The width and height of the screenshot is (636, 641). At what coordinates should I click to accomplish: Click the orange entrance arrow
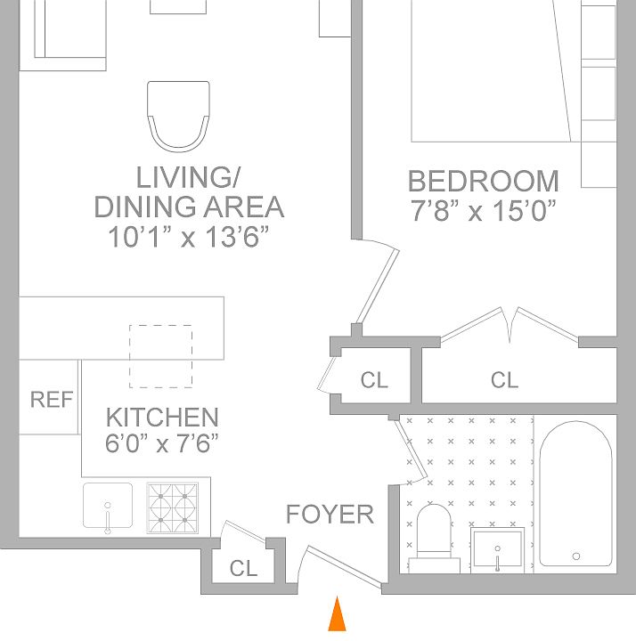(x=337, y=614)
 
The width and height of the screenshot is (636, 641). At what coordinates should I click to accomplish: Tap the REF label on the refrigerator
(x=52, y=400)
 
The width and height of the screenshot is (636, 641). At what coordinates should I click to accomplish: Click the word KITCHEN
(x=162, y=418)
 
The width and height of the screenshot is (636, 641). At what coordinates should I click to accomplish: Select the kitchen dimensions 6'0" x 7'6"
(x=162, y=443)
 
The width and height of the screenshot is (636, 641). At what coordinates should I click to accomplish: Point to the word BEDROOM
(x=484, y=181)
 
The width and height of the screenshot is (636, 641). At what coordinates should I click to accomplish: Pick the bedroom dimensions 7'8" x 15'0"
(x=484, y=211)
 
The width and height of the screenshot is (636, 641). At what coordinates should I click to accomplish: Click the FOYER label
(x=330, y=515)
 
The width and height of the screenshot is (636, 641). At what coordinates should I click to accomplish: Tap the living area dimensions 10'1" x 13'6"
(x=189, y=237)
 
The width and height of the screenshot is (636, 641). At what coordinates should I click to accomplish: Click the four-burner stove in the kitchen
(x=173, y=508)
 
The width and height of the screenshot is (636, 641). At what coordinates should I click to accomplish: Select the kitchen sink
(x=108, y=506)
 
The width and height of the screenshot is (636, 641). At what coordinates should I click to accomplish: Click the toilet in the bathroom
(x=435, y=539)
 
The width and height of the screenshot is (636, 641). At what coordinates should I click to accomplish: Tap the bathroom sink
(x=497, y=550)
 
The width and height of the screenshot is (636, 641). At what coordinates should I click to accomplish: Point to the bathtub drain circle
(x=576, y=556)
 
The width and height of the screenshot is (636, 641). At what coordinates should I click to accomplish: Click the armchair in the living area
(x=179, y=117)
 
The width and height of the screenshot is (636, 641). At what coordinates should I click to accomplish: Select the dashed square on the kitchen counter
(x=160, y=356)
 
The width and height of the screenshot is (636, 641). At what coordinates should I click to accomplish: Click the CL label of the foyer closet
(x=243, y=568)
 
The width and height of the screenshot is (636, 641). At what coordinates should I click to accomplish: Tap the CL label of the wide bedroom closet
(x=504, y=380)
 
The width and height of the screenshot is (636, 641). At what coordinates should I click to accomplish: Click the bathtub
(x=576, y=494)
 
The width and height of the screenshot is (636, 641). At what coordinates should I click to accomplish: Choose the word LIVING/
(x=188, y=177)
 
